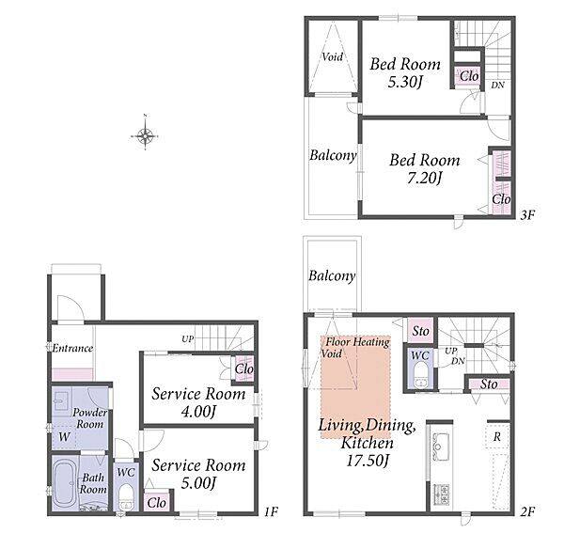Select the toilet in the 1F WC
pos(126,496)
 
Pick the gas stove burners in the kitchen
pos(441,494)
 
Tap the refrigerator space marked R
pos(497,436)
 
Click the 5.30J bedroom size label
pos(404,83)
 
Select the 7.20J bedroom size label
pos(424,178)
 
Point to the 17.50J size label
pos(368,461)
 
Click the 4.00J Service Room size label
pos(198,411)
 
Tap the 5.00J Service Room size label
pos(198,483)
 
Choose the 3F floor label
pos(527,215)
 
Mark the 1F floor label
pos(272,511)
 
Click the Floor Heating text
pos(357,341)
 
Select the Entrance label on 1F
pos(72,348)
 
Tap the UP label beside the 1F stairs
pos(187,338)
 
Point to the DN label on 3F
pos(498,86)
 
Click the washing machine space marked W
pos(64,437)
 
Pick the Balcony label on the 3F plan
pos(333,155)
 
